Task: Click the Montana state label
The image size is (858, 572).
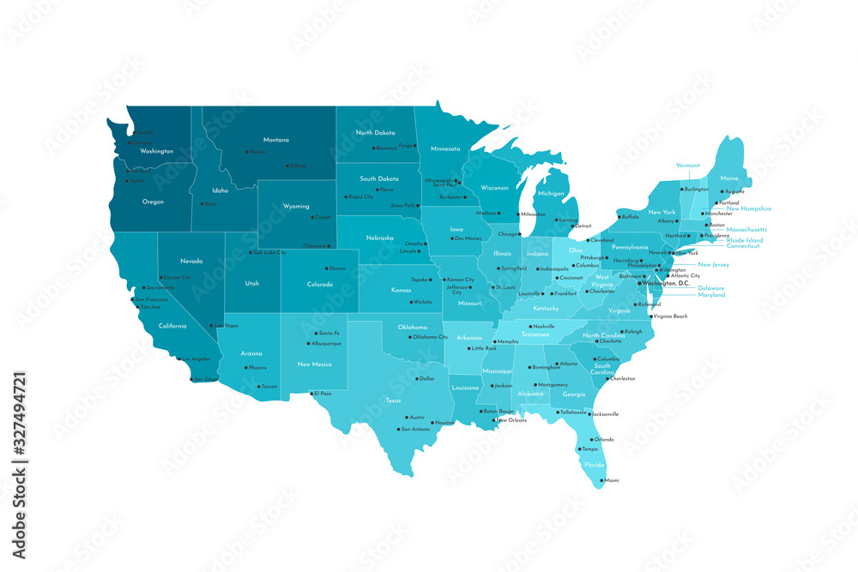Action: [x=275, y=140]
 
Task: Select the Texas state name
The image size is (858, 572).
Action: [x=393, y=400]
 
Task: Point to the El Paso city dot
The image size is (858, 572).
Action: [x=311, y=394]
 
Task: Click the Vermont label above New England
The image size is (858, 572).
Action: [x=687, y=166]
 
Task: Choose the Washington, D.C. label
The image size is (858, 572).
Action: [x=667, y=283]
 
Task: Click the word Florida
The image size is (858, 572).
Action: [x=594, y=465]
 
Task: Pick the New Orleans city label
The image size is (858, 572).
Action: [x=511, y=420]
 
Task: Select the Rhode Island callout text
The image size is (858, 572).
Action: [x=745, y=239]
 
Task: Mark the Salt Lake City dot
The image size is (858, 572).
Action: [x=248, y=253]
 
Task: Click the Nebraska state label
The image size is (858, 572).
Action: [x=380, y=238]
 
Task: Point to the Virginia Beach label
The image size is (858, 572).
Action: [x=670, y=317]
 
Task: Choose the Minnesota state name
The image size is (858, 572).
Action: [x=445, y=148]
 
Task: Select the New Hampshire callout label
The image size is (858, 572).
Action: [x=749, y=208]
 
